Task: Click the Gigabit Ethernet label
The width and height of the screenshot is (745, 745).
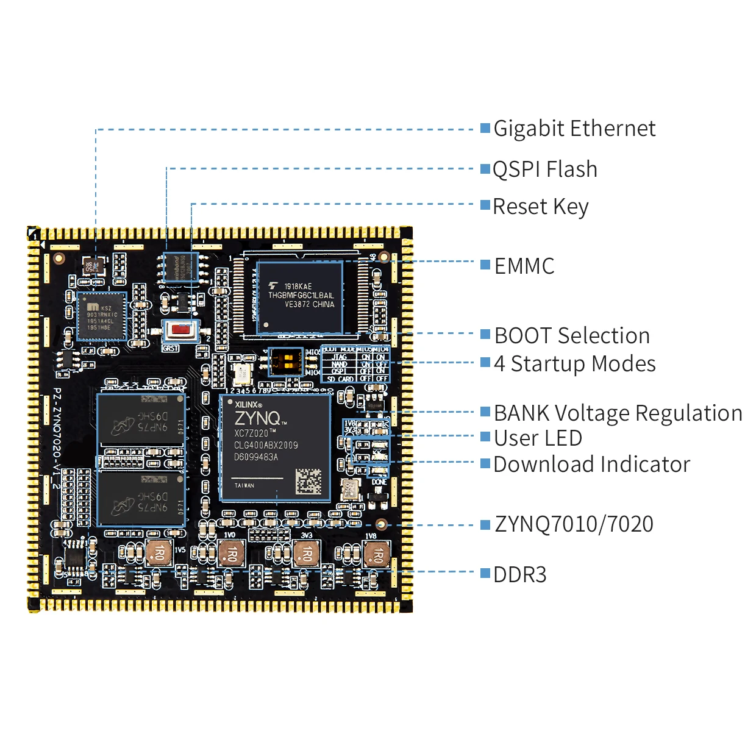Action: tap(574, 129)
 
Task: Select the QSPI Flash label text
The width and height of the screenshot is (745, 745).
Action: tap(544, 169)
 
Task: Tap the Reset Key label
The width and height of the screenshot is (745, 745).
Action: tap(540, 207)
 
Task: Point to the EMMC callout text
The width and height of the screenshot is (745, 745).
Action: tap(524, 266)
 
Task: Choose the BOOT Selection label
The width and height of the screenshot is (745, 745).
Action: tap(572, 335)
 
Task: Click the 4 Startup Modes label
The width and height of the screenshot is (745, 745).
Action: tap(574, 363)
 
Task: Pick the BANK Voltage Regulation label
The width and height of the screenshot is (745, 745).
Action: tap(618, 413)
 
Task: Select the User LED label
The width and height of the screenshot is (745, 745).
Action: tap(538, 438)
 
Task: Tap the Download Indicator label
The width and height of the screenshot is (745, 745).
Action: tap(591, 464)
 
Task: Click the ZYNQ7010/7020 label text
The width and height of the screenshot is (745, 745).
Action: tap(574, 524)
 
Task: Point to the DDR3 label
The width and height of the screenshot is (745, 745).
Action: tap(519, 574)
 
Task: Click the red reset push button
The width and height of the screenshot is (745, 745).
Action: tap(180, 330)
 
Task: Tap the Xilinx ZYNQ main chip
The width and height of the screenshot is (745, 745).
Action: tap(275, 448)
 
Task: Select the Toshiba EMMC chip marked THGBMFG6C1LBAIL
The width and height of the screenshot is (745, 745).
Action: tap(300, 297)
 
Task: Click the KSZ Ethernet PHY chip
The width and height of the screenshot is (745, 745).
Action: tap(101, 316)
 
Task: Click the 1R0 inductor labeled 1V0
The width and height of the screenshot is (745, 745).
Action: tap(231, 554)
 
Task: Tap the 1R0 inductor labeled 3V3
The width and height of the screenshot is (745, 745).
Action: tap(305, 554)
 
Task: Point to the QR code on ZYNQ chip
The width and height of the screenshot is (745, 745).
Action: tap(308, 481)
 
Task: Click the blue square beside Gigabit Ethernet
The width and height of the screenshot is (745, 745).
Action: tap(485, 128)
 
